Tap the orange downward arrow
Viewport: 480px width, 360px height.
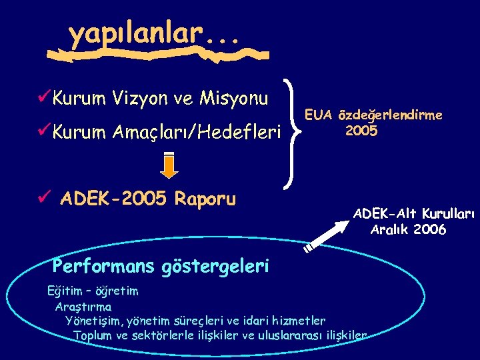click(x=170, y=166)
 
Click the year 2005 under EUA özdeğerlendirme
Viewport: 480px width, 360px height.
click(x=361, y=131)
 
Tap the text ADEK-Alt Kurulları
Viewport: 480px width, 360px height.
click(x=413, y=214)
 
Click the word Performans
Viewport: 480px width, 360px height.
click(x=103, y=267)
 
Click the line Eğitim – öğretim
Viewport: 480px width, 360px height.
click(x=93, y=291)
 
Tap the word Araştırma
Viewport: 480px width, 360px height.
click(x=83, y=307)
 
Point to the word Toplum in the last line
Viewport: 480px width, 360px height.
click(x=93, y=335)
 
